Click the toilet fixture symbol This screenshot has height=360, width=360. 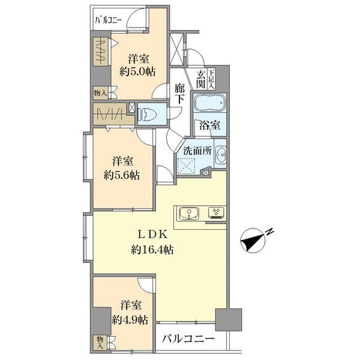pyautogui.click(x=148, y=114)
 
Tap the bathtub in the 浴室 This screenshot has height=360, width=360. pyautogui.click(x=209, y=103)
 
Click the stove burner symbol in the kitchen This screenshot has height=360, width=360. pyautogui.click(x=217, y=213)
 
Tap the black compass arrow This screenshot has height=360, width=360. pyautogui.click(x=252, y=241)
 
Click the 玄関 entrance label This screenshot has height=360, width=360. pyautogui.click(x=200, y=79)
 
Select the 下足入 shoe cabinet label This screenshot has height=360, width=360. pyautogui.click(x=211, y=79)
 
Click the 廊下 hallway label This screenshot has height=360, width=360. pyautogui.click(x=179, y=94)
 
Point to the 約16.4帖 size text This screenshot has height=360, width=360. pyautogui.click(x=152, y=250)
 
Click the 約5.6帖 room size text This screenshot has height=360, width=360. pyautogui.click(x=121, y=176)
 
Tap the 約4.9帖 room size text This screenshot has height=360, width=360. pyautogui.click(x=130, y=319)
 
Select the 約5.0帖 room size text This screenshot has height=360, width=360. pyautogui.click(x=137, y=71)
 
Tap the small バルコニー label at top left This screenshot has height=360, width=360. pyautogui.click(x=109, y=20)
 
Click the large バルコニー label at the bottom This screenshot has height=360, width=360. pyautogui.click(x=188, y=338)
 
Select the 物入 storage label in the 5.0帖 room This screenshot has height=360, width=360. pyautogui.click(x=101, y=93)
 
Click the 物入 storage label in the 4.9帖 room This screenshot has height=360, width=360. pyautogui.click(x=100, y=342)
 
